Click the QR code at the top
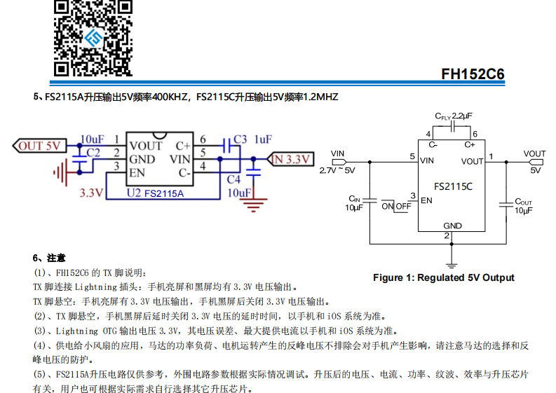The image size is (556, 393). pos(93,36)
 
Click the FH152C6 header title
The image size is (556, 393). pos(473,74)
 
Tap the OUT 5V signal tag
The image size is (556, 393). pos(39,146)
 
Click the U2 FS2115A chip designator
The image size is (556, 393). pos(155,193)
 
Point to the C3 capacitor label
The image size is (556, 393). pos(240,139)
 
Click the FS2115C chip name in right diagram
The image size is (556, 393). pos(453,187)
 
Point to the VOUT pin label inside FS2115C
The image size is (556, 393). pos(473,162)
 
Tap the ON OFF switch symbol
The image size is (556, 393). pos(396,206)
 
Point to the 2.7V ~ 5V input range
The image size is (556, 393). pos(337,170)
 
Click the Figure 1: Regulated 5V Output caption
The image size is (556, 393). pos(443,277)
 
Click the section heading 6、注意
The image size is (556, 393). pos(49,258)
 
